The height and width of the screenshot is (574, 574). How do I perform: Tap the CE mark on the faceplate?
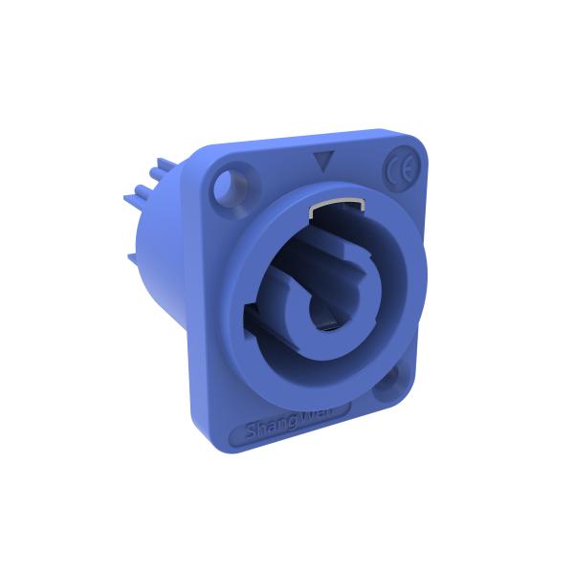click(x=399, y=172)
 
